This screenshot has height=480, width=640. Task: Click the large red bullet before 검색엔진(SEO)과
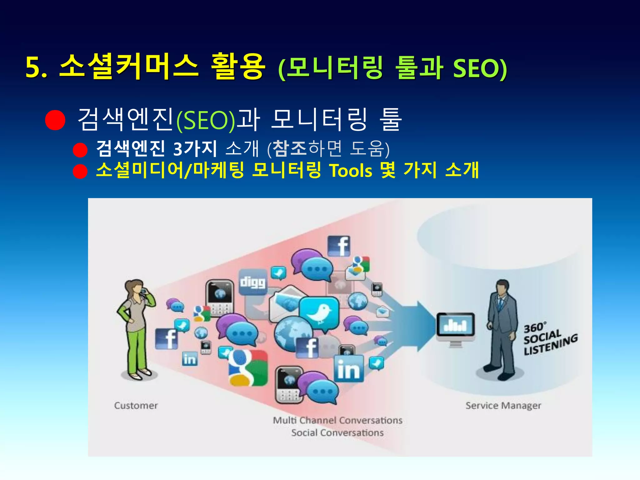[x=55, y=120]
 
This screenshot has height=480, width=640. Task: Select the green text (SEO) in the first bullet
[x=206, y=120]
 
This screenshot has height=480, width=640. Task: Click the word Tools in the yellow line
[x=351, y=171]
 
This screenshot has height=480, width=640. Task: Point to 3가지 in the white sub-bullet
[x=195, y=149]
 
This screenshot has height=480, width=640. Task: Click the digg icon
[x=252, y=282]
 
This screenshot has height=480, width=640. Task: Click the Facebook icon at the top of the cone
[x=339, y=246]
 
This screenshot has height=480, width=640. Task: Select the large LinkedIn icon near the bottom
[x=348, y=369]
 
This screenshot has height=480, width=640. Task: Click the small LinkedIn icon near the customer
[x=190, y=359]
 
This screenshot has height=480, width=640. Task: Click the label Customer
[x=136, y=406]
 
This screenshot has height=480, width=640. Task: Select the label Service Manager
[x=503, y=406]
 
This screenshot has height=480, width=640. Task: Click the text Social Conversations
[x=337, y=433]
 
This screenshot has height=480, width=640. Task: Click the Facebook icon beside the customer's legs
[x=167, y=339]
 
